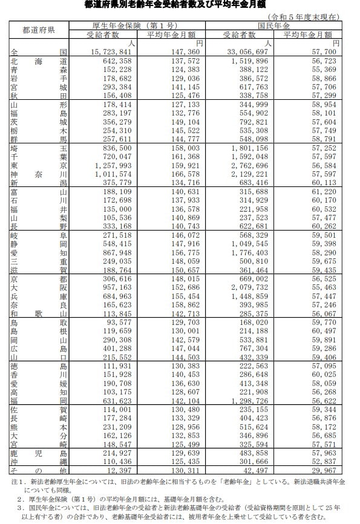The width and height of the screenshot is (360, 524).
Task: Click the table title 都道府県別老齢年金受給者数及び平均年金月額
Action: coord(180,5)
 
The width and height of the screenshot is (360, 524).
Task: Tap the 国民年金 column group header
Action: coord(274,26)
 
